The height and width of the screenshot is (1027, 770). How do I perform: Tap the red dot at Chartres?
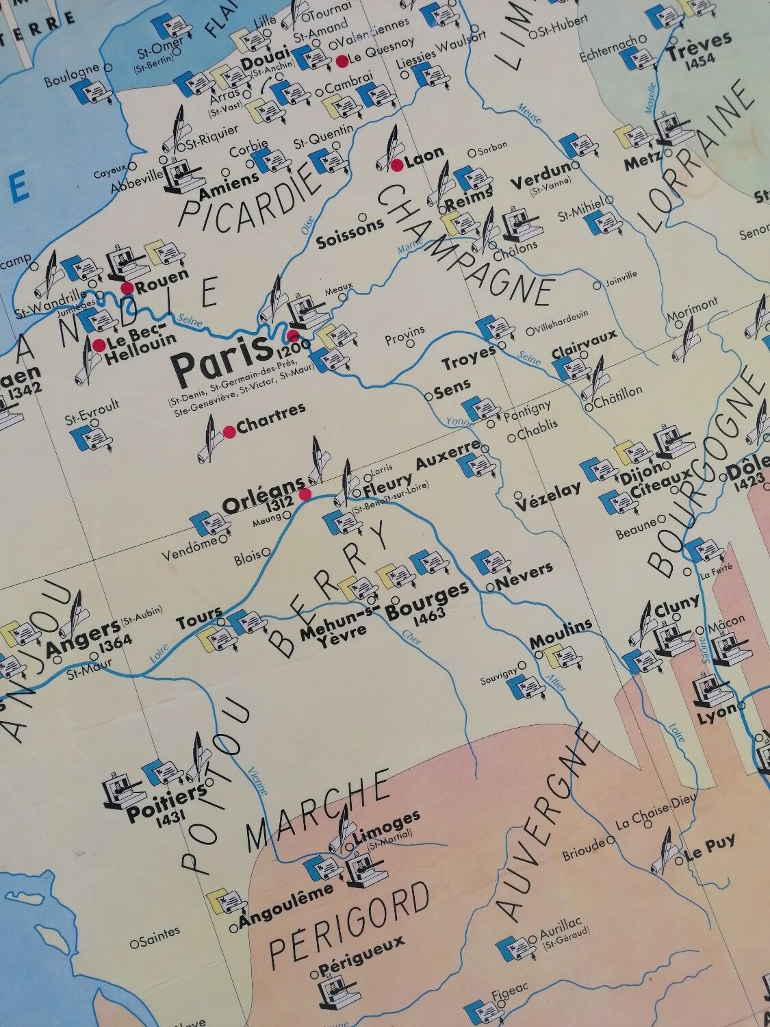229,431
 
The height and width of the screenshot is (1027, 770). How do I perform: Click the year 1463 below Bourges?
430,614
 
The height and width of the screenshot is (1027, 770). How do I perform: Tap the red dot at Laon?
396,164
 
